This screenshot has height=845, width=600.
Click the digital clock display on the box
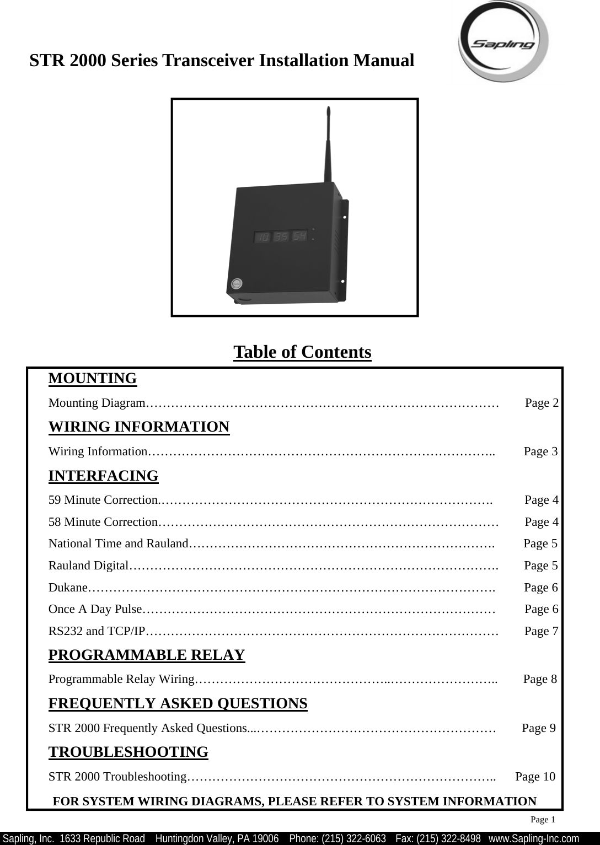coord(281,236)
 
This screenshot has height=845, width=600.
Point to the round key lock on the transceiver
coord(236,283)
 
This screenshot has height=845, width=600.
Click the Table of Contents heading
coord(302,352)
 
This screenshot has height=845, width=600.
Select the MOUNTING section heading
coord(93,379)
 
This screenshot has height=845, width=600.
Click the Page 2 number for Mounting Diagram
coord(542,403)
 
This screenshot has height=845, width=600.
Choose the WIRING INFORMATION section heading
coord(139,427)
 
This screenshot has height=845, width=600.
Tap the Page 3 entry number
coord(540,451)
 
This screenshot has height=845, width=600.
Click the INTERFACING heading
coord(104,476)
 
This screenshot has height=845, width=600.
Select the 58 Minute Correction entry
coord(104,521)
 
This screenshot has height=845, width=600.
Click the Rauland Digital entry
coord(89,566)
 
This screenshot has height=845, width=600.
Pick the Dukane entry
coord(68,588)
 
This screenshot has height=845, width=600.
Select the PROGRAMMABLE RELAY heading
coord(147,655)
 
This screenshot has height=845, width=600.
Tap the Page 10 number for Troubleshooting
coord(535,777)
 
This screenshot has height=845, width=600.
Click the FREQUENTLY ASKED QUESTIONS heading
coord(178,704)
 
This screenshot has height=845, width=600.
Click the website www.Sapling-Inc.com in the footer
coord(534,838)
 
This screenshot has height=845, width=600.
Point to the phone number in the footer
coord(337,838)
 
